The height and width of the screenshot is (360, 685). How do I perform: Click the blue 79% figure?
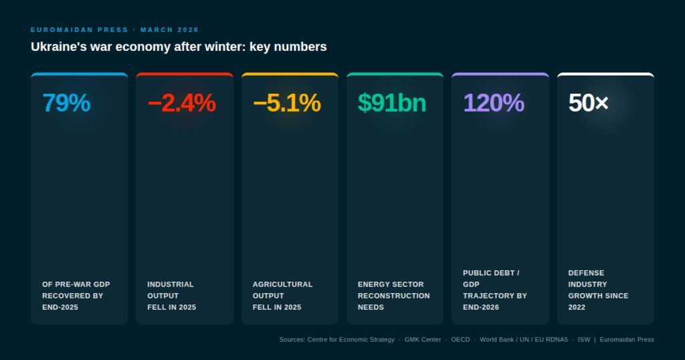(66, 103)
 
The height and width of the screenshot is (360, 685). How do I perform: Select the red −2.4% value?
(182, 103)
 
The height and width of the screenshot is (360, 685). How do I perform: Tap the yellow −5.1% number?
(287, 103)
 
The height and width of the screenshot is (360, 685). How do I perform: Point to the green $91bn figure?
(392, 103)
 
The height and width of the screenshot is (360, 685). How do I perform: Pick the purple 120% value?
(494, 103)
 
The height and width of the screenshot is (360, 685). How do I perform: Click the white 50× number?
(589, 103)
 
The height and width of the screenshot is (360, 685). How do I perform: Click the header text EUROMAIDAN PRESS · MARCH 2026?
(114, 29)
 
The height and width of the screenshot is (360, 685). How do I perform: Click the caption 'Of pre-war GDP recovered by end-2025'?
(76, 296)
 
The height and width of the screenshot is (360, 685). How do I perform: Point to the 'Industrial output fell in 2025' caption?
(172, 296)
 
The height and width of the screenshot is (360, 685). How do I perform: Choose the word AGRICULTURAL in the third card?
(283, 284)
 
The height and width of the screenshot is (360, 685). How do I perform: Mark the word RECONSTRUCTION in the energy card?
(393, 296)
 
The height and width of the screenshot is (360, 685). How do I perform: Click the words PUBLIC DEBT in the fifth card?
(491, 273)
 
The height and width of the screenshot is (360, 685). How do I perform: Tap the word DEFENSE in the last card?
(586, 273)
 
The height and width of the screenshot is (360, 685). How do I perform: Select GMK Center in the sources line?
(423, 339)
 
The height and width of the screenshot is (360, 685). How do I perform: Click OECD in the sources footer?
(460, 339)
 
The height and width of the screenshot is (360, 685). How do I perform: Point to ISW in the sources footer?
(583, 339)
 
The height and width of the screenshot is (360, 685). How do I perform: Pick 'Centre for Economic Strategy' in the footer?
(351, 339)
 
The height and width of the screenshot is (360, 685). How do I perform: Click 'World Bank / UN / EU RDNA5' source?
(524, 339)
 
